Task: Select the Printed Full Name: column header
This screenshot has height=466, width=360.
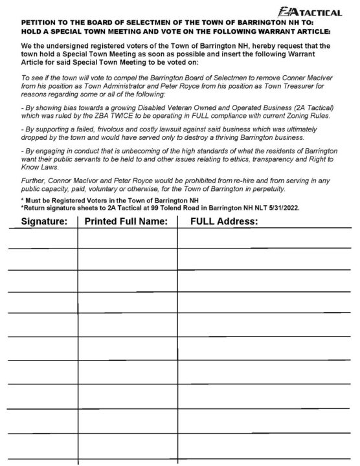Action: tap(126, 221)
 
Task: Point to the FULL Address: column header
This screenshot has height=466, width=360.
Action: tap(224, 221)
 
